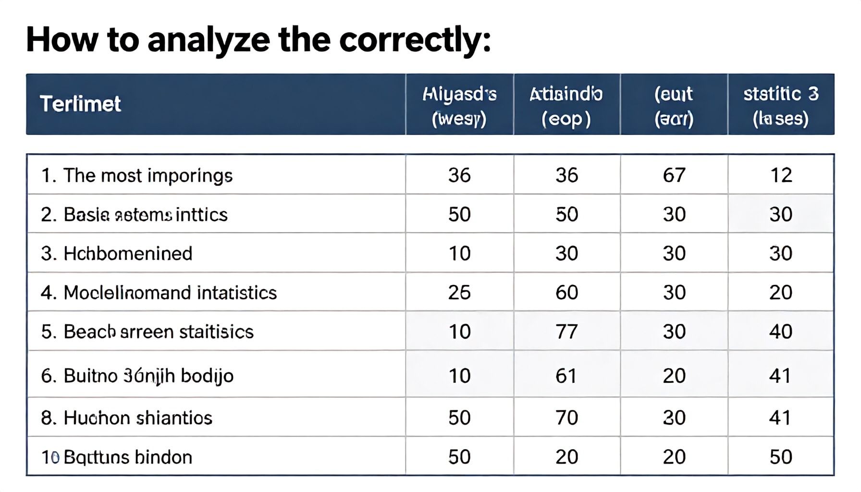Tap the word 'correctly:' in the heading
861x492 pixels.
[415, 40]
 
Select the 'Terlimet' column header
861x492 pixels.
[80, 104]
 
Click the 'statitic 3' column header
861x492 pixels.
[781, 105]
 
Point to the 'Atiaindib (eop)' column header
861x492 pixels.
[566, 105]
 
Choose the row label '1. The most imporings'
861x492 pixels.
[136, 175]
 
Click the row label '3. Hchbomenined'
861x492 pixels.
[117, 254]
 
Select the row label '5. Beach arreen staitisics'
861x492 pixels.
[147, 332]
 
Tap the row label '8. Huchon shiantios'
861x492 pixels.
[126, 418]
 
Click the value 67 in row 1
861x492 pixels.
[674, 175]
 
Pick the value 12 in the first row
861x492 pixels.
[781, 175]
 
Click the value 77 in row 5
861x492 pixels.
[566, 332]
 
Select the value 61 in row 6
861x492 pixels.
[566, 376]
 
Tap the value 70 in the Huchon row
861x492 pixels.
[566, 418]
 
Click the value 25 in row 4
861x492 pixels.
[459, 293]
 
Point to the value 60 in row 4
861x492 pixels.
[566, 293]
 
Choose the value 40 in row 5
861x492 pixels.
[781, 332]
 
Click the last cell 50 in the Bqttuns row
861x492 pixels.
[781, 457]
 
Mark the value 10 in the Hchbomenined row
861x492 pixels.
[459, 254]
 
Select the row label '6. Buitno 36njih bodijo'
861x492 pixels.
[137, 376]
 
